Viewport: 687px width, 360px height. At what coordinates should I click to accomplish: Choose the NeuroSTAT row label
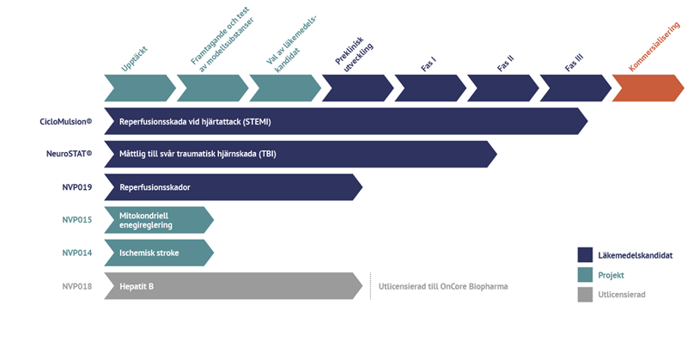(69, 154)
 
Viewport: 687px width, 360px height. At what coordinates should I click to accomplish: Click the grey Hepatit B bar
(232, 285)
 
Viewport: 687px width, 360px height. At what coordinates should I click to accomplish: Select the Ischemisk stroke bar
(158, 253)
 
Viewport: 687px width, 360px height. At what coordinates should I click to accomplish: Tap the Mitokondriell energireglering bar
(158, 219)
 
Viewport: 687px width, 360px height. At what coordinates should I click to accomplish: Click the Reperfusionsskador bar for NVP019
(232, 186)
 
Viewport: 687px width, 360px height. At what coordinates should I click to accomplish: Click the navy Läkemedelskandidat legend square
(586, 255)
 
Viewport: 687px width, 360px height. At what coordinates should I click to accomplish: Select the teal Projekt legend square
(586, 275)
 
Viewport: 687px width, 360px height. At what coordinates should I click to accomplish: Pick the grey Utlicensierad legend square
(586, 295)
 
